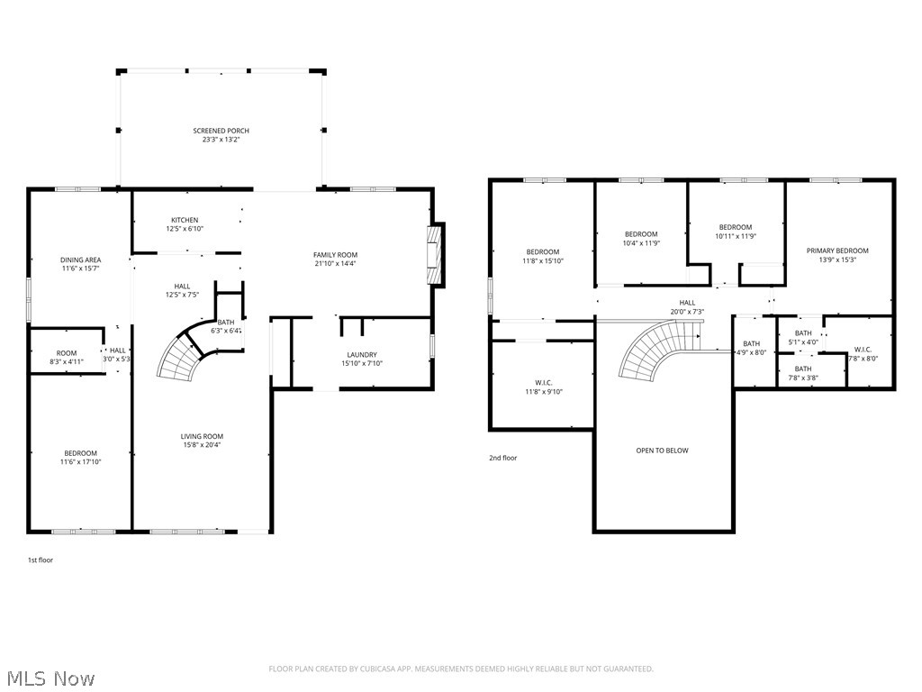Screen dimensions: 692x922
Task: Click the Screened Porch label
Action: [x=221, y=132]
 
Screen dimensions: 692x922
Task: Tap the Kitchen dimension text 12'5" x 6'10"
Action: [x=185, y=229]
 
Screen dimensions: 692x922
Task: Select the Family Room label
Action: [x=335, y=255]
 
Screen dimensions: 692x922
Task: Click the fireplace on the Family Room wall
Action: [x=436, y=255]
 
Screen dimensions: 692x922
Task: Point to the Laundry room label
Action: [x=361, y=355]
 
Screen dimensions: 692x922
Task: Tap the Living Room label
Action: [x=201, y=436]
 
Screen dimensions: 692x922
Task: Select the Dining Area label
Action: [x=80, y=259]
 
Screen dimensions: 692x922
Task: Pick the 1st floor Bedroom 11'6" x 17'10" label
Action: [x=80, y=453]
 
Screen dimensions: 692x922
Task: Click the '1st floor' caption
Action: [x=40, y=560]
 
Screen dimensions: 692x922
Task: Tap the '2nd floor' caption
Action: [x=502, y=458]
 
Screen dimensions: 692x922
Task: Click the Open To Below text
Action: [x=662, y=451]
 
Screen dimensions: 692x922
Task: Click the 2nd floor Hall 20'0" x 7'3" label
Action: [x=687, y=303]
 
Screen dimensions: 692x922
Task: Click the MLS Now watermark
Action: [x=50, y=678]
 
